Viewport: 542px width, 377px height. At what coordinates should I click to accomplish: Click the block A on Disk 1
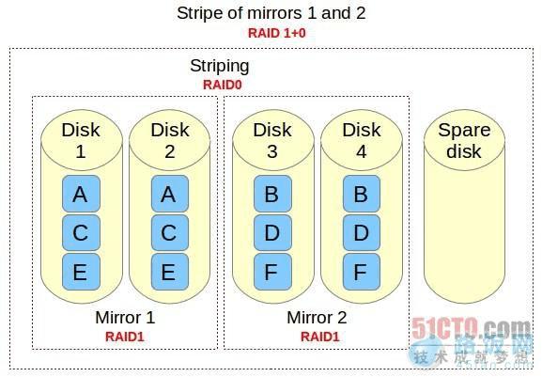[x=80, y=195]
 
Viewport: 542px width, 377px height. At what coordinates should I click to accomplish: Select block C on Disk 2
[x=169, y=233]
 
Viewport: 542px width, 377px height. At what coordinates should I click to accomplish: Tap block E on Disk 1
[x=80, y=272]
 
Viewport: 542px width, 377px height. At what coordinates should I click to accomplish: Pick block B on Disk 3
[x=271, y=195]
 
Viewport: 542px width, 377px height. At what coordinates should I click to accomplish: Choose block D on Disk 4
[x=361, y=233]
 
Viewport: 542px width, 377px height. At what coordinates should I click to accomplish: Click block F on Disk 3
[x=271, y=272]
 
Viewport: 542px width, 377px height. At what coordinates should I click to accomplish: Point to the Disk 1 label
[x=80, y=140]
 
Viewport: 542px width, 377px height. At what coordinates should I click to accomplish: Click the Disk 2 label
[x=169, y=140]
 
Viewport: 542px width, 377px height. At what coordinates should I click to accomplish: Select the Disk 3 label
[x=271, y=140]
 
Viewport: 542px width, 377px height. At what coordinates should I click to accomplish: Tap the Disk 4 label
[x=361, y=140]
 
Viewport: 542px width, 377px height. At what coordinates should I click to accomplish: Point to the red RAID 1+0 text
[x=271, y=33]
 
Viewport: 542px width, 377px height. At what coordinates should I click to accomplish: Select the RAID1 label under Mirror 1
[x=125, y=336]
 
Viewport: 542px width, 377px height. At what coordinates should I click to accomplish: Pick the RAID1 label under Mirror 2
[x=317, y=336]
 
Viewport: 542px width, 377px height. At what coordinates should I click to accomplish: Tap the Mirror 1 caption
[x=125, y=318]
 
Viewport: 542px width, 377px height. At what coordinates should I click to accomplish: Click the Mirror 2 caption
[x=317, y=318]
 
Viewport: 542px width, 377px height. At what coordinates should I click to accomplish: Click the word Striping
[x=220, y=66]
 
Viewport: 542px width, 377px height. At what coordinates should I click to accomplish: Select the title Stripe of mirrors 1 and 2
[x=271, y=13]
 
